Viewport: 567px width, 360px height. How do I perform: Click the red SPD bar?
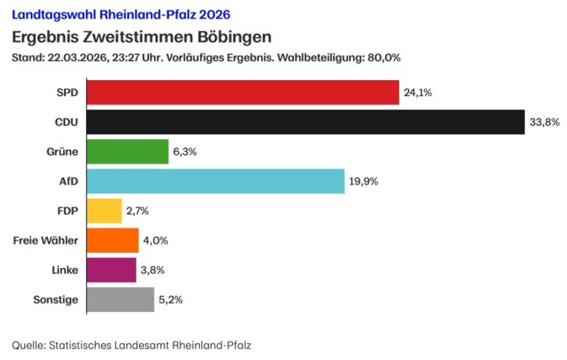click(243, 93)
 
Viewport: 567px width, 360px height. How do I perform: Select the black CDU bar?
click(306, 122)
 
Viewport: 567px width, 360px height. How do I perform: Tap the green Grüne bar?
click(128, 152)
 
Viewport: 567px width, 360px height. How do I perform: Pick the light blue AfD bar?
click(216, 181)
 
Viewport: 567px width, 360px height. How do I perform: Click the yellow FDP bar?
click(104, 211)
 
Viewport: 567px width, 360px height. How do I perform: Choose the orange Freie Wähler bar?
click(113, 240)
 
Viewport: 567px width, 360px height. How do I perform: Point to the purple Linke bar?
click(111, 270)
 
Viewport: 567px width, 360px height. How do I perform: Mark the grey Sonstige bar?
click(120, 299)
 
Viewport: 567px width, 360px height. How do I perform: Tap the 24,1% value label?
click(419, 93)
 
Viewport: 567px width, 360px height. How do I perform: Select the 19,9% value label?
click(364, 181)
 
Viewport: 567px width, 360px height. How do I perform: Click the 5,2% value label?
click(171, 299)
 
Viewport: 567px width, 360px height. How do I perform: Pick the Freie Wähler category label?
click(46, 240)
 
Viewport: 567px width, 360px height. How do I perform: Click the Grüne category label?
click(63, 152)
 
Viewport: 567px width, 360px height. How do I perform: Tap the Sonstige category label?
click(56, 299)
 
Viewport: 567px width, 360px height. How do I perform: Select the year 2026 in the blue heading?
click(213, 15)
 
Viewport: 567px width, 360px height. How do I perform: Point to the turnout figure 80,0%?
click(383, 58)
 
